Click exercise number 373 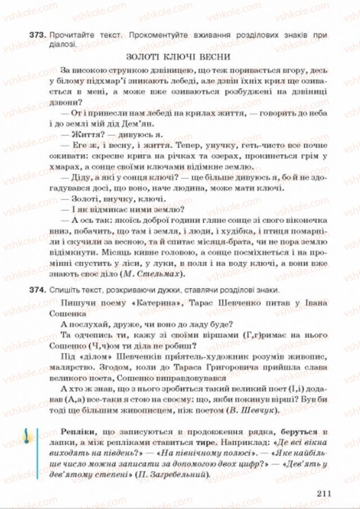pyautogui.click(x=39, y=35)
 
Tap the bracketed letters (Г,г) pyautogui.click(x=237, y=334)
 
